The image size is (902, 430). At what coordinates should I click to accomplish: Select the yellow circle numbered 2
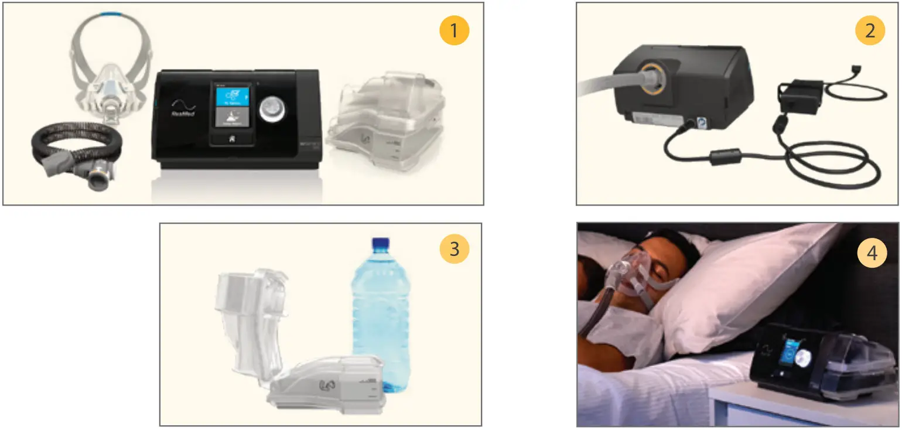[x=870, y=31]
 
